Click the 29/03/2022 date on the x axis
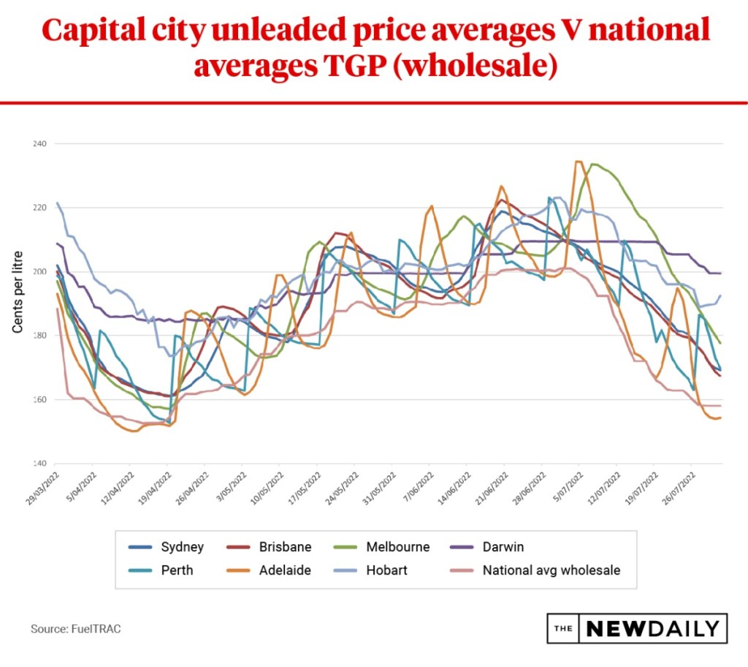click(41, 486)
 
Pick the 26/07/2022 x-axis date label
click(679, 486)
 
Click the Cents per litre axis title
click(18, 292)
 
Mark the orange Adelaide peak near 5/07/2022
click(579, 162)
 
